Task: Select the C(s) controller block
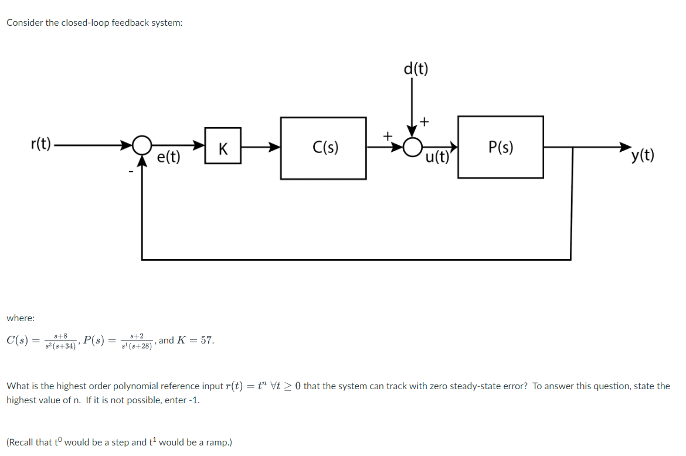tap(324, 148)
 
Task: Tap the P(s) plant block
tap(500, 148)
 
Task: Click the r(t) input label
tap(41, 144)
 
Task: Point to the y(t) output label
tap(643, 156)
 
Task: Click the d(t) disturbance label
tap(416, 69)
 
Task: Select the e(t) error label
tap(169, 157)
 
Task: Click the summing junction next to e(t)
tap(141, 145)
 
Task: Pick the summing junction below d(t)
tap(414, 145)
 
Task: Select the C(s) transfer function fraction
tap(56, 341)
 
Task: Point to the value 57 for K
tap(206, 340)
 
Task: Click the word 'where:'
tap(21, 318)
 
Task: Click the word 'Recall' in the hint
tap(23, 442)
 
